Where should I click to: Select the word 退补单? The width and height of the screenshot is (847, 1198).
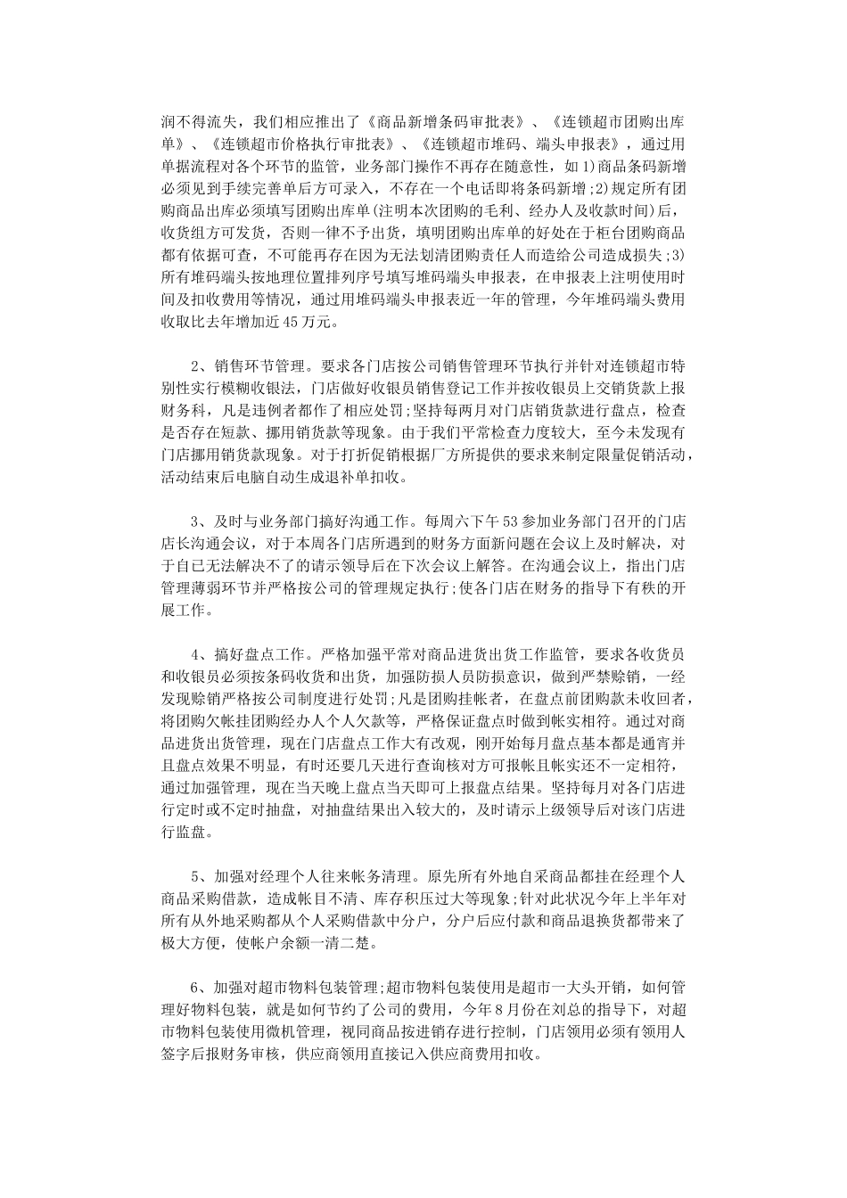(361, 477)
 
